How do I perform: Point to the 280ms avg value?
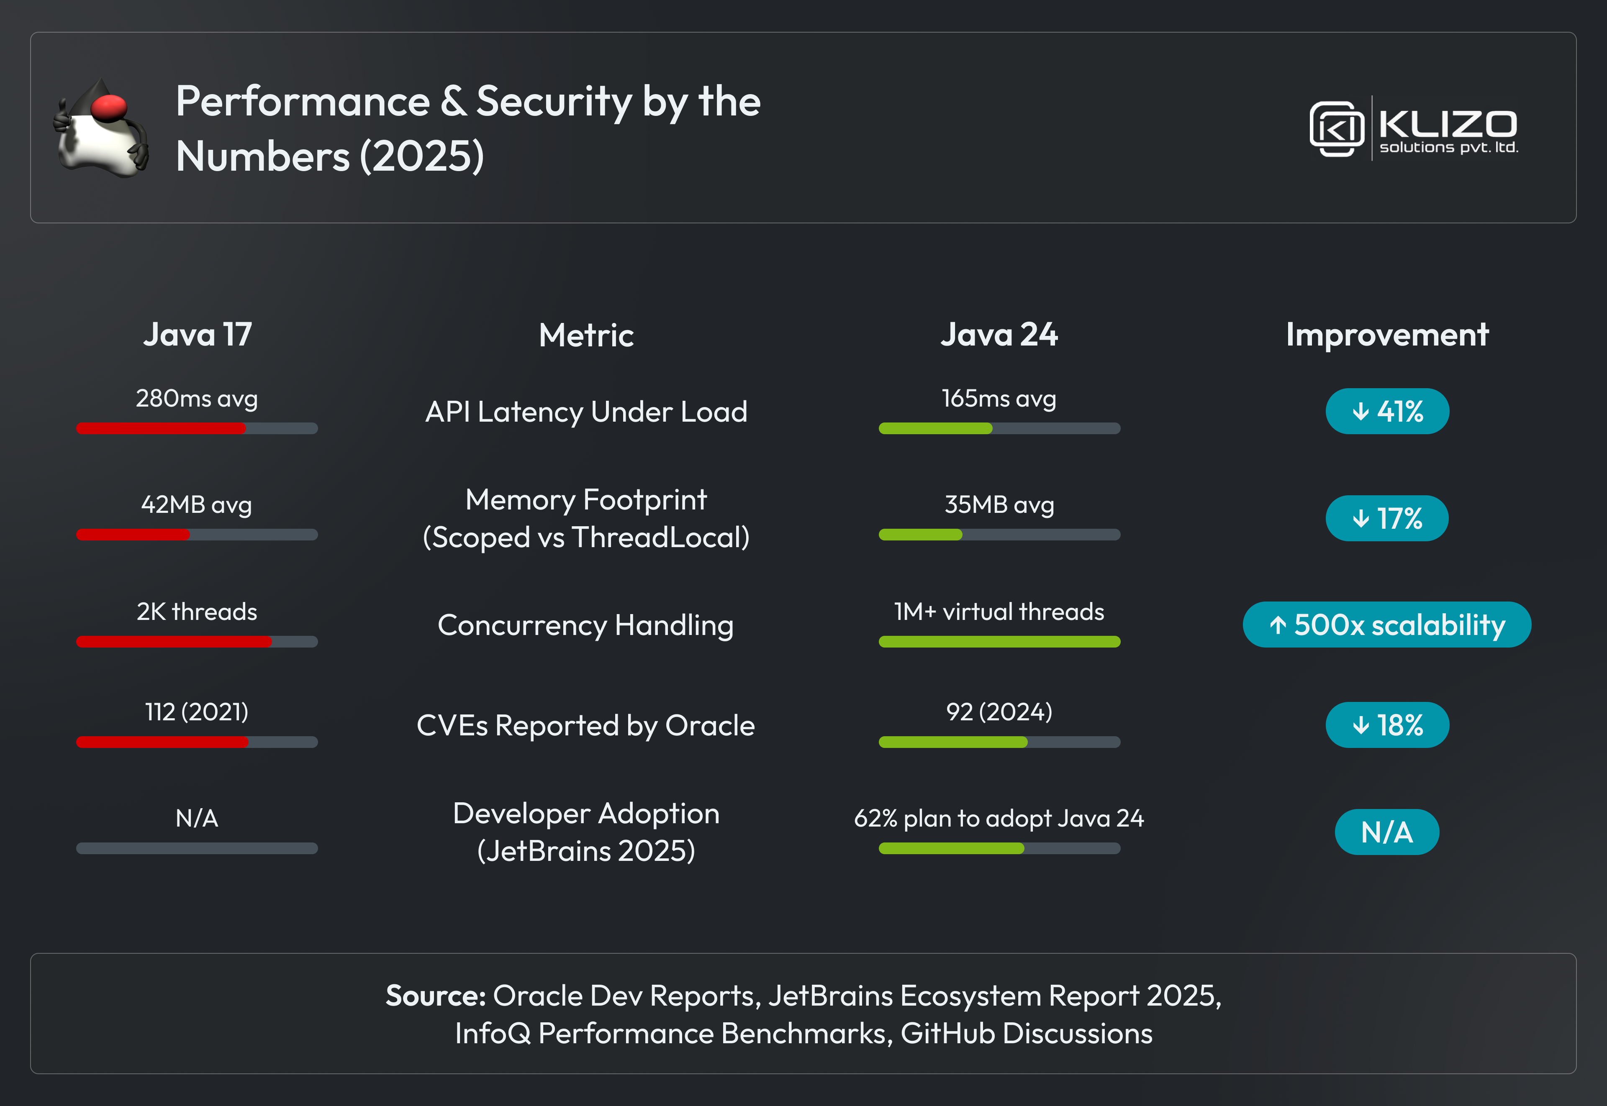coord(197,399)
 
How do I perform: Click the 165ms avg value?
coord(999,399)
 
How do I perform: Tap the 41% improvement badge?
coord(1387,412)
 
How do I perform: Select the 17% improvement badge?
coord(1387,518)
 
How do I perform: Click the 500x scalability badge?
coord(1387,625)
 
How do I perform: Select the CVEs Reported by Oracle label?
coord(586,726)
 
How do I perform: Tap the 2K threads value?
coord(197,612)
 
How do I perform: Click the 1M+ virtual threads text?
coord(999,612)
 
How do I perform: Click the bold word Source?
coord(436,996)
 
